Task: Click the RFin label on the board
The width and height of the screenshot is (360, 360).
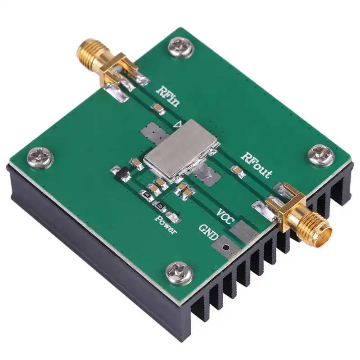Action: click(x=168, y=96)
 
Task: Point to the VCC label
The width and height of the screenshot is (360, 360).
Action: click(x=225, y=215)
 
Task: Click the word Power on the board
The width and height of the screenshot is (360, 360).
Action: click(x=166, y=225)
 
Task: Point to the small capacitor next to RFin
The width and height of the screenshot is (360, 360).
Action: click(x=157, y=108)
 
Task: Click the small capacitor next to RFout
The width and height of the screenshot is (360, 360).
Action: click(x=235, y=170)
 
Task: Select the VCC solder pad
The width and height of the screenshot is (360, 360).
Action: click(x=243, y=231)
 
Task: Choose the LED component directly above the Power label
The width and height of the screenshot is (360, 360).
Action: click(x=176, y=219)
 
